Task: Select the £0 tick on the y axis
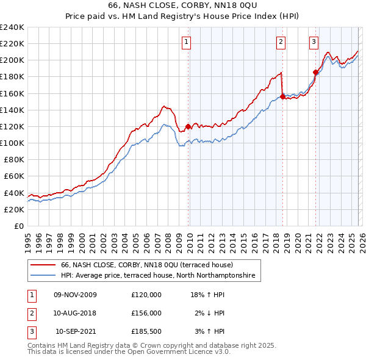point(18,226)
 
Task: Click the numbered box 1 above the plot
point(186,42)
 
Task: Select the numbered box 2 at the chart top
point(281,42)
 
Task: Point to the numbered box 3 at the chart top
point(314,42)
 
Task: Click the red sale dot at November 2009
point(188,126)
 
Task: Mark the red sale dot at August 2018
point(282,96)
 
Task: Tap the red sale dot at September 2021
point(315,72)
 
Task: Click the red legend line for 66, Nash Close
point(44,265)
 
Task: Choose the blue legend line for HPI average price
point(44,276)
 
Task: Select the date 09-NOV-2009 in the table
point(76,295)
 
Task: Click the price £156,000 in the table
point(146,313)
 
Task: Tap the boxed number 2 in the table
point(30,313)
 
